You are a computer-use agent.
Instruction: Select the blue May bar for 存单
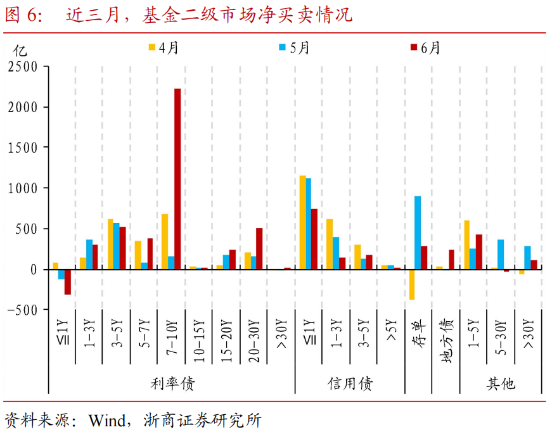[x=418, y=232]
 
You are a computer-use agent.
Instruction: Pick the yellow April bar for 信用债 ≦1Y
[x=303, y=222]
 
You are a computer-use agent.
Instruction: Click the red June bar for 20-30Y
[x=259, y=248]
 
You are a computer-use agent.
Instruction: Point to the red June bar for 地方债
[x=451, y=259]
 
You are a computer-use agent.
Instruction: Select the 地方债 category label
[x=446, y=343]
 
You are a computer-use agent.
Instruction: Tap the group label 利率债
[x=172, y=383]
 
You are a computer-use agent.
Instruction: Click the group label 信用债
[x=350, y=383]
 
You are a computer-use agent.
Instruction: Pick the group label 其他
[x=501, y=383]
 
